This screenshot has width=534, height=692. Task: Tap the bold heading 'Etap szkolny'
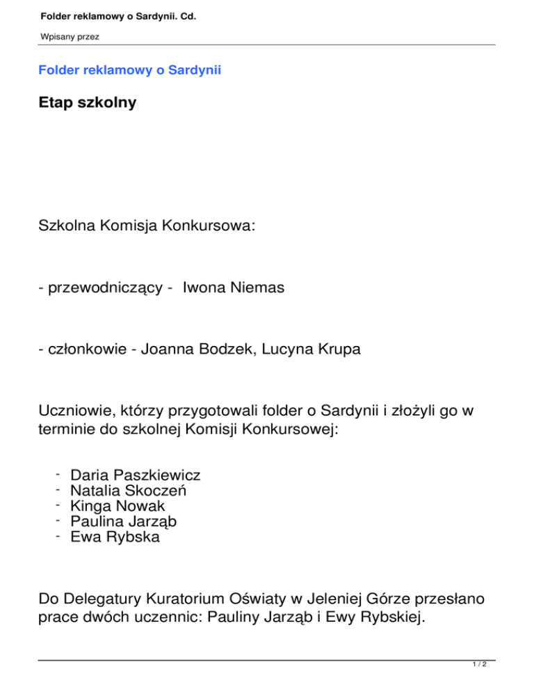click(x=88, y=102)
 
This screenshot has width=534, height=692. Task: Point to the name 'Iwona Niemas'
click(x=234, y=288)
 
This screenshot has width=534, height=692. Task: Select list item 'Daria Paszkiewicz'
click(x=136, y=475)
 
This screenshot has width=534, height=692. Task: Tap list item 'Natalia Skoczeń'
click(x=129, y=491)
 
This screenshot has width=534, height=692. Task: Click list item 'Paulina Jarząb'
click(x=122, y=521)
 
